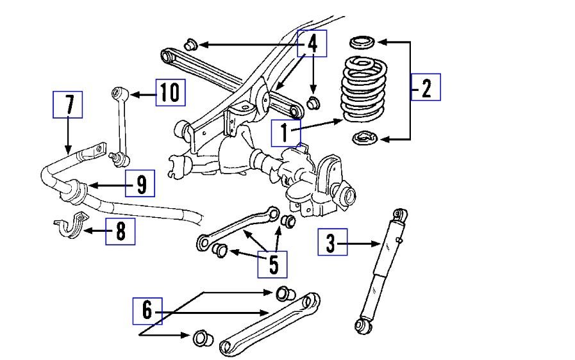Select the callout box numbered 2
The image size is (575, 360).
(x=426, y=87)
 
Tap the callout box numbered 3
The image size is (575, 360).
(x=332, y=243)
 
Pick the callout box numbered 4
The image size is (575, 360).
(x=312, y=44)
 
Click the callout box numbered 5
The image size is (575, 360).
(x=273, y=263)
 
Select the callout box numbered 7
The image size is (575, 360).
(x=68, y=104)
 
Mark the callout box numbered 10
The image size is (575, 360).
(x=170, y=93)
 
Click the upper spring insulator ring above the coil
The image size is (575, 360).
(x=362, y=43)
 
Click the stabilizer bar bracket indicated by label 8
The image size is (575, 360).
(x=69, y=227)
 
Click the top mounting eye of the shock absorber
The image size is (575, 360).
(x=400, y=214)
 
